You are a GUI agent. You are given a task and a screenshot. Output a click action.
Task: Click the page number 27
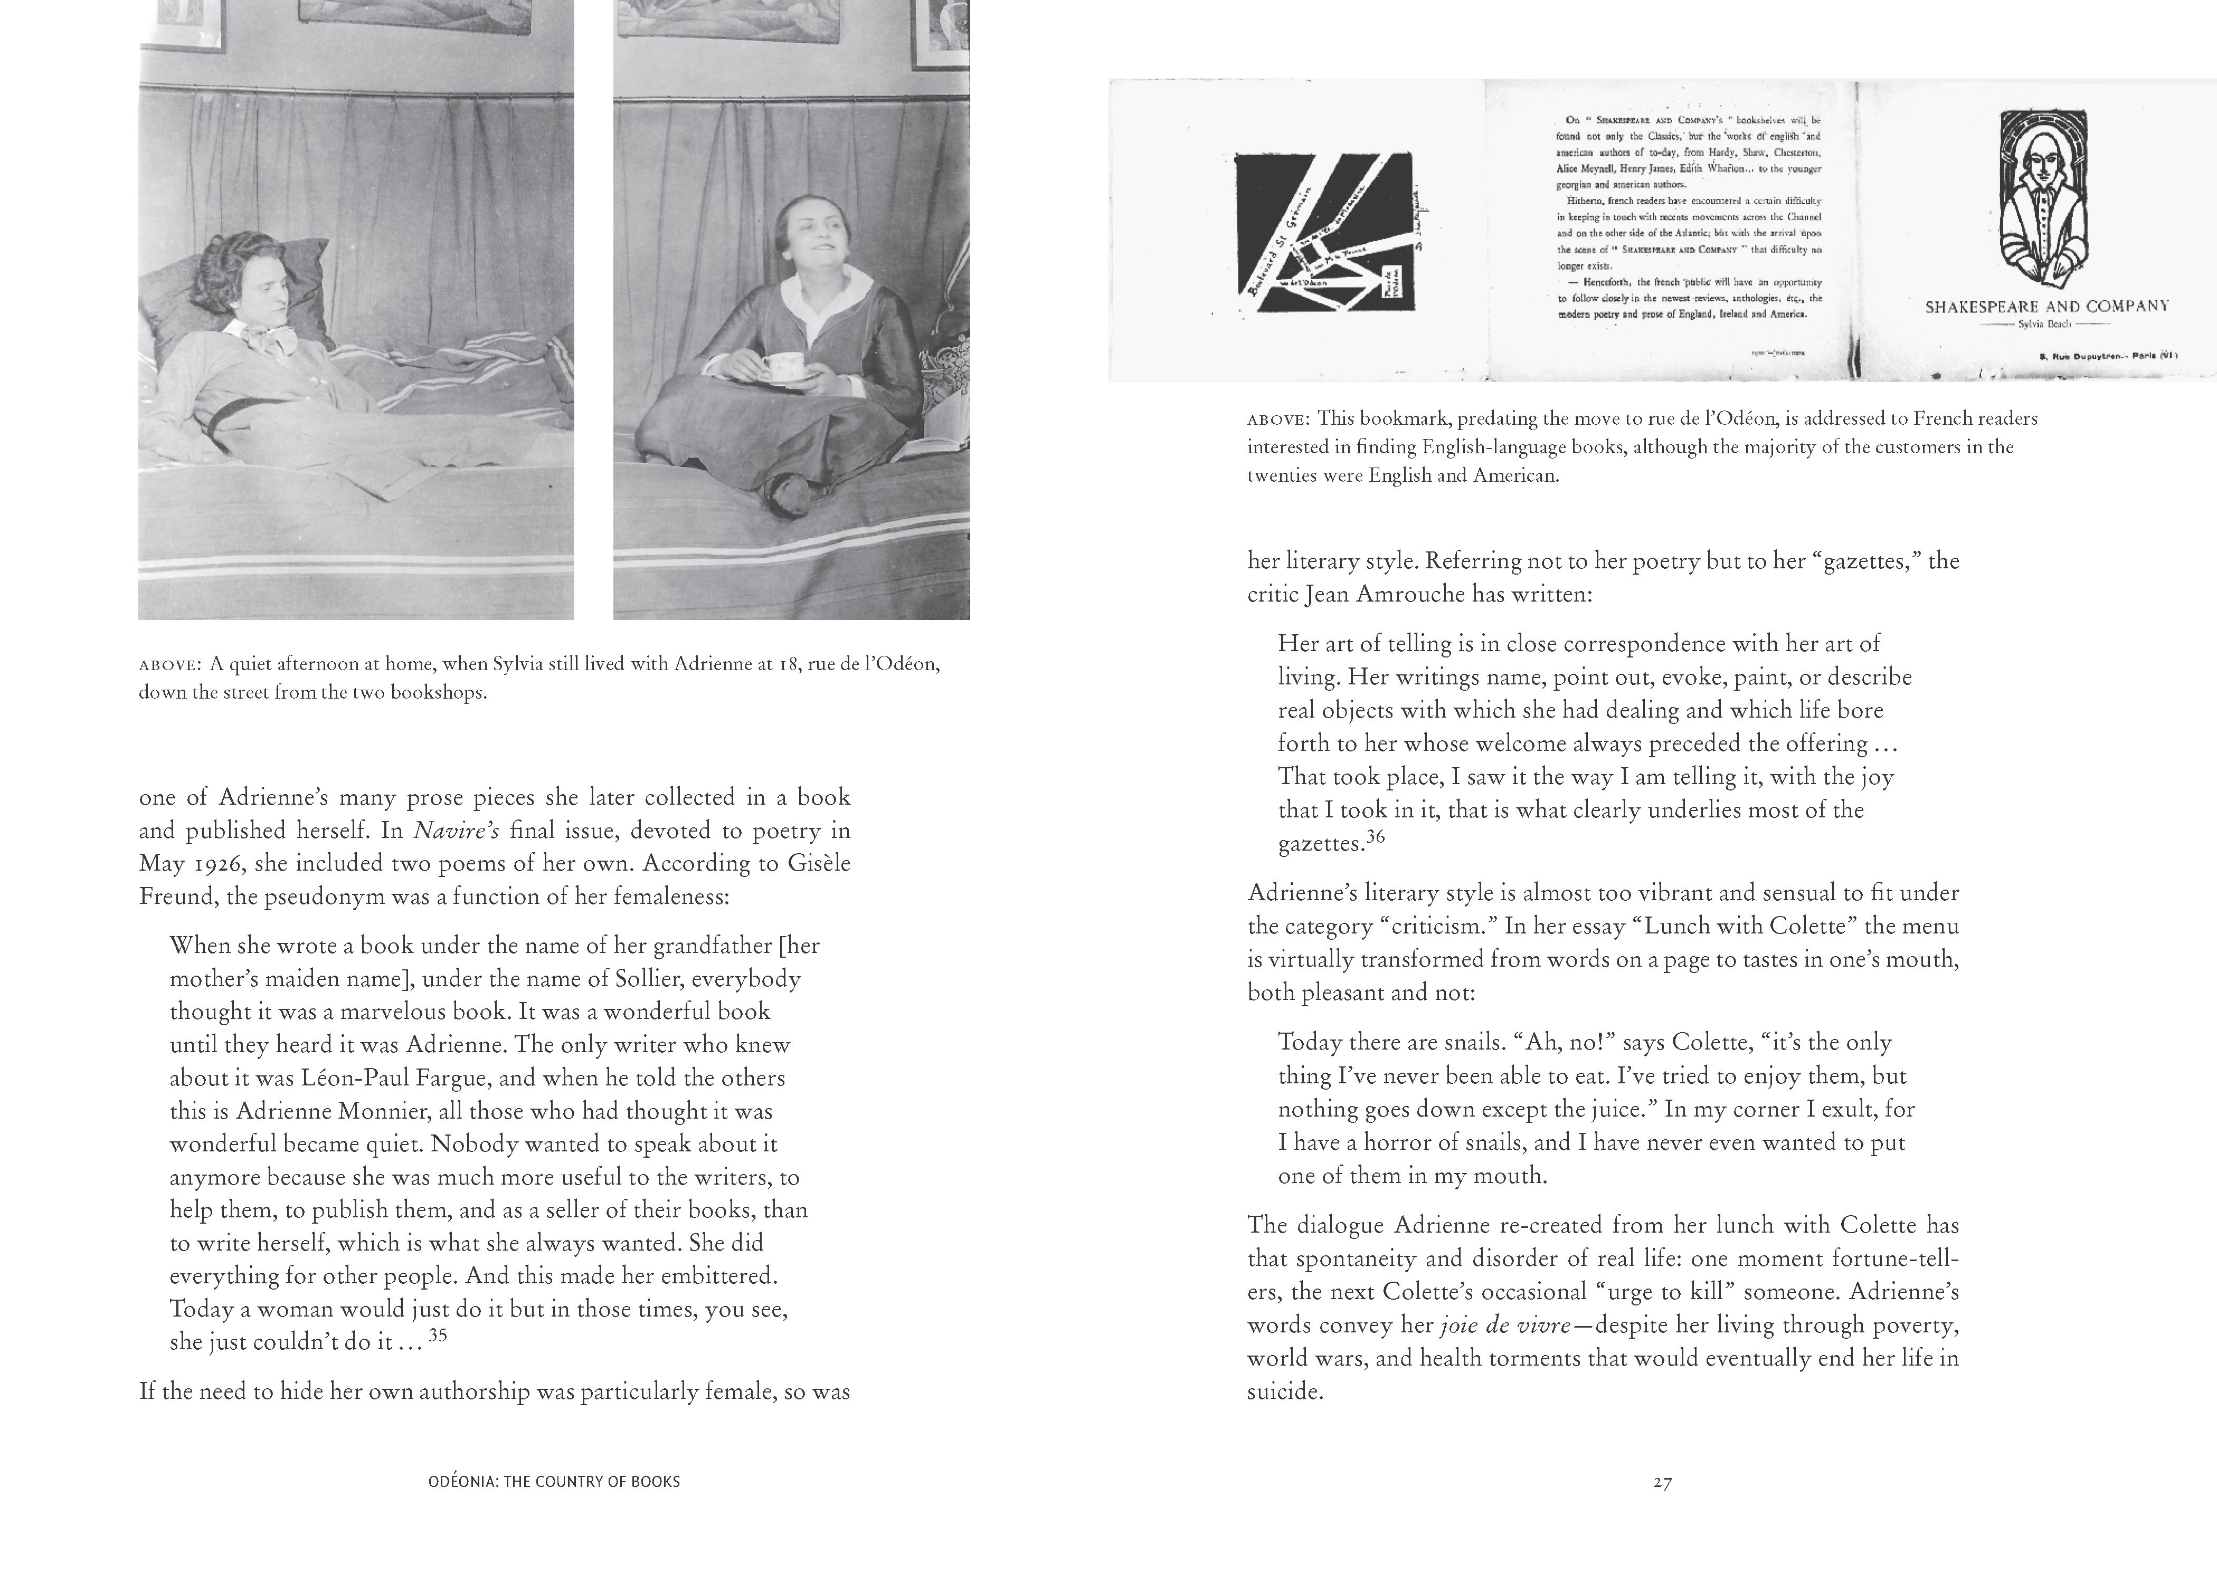coord(1662,1483)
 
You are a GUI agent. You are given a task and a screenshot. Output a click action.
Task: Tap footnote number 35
coord(438,1336)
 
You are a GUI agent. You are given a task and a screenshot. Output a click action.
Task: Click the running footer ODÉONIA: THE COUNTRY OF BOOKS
coord(554,1482)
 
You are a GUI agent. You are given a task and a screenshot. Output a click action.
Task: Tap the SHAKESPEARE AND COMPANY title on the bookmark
coord(2047,306)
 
